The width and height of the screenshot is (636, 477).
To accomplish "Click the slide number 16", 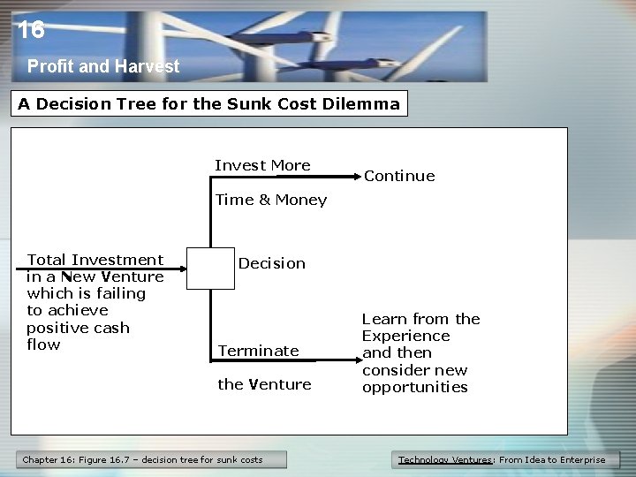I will pos(31,31).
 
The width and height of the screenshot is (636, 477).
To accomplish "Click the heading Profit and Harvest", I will pos(102,66).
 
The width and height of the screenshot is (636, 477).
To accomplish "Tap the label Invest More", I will pos(262,165).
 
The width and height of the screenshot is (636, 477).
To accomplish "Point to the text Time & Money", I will pos(270,200).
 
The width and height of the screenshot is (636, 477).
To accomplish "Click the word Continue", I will pos(399,176).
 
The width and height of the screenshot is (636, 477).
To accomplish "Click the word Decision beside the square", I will pos(271,263).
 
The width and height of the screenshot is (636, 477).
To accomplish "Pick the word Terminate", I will pos(258,351).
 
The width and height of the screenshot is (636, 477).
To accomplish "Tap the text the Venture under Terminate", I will pos(264,384).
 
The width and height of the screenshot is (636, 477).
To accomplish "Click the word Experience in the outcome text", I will pos(405,336).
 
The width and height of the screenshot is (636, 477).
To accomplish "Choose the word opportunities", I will pos(414,387).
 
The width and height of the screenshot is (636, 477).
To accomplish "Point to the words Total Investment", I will pos(95,260).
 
